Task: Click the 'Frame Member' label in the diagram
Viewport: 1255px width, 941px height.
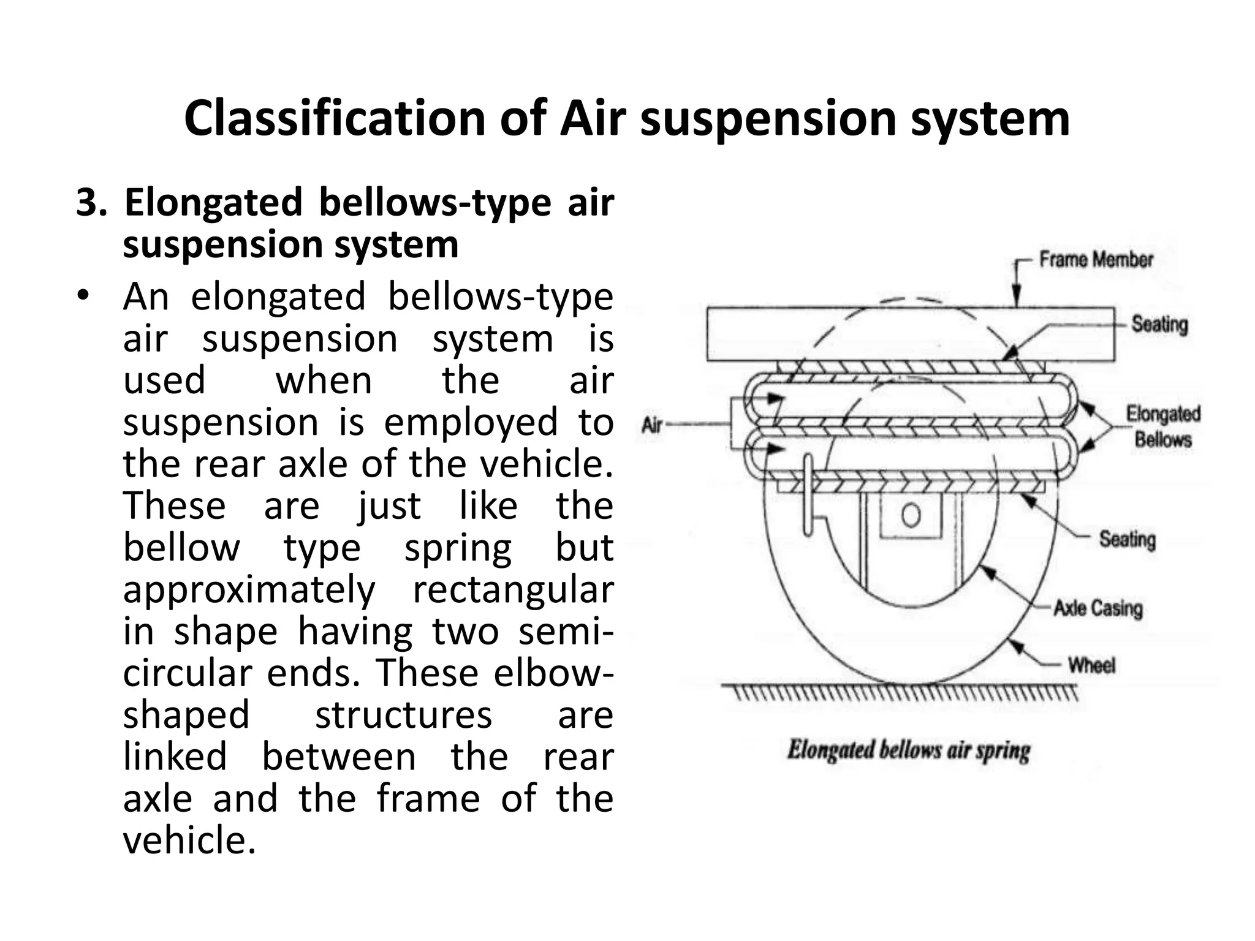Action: pos(1096,260)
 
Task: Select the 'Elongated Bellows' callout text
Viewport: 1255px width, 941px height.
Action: pos(1162,426)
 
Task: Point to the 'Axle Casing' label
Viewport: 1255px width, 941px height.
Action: pos(1098,608)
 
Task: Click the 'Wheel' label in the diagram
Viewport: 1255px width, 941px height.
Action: pos(1091,665)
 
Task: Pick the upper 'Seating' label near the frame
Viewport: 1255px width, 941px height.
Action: pos(1159,324)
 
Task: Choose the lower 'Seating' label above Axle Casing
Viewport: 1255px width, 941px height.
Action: pos(1127,539)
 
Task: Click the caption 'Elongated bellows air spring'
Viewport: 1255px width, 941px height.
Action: pos(908,751)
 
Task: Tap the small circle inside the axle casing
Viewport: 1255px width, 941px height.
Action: pos(911,515)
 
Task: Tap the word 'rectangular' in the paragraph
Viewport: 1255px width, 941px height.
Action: pos(513,589)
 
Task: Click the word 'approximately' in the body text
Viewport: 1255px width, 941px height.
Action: pos(249,589)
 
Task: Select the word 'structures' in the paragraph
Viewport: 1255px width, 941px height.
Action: pos(403,714)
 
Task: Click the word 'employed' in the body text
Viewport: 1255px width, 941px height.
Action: pos(471,422)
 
